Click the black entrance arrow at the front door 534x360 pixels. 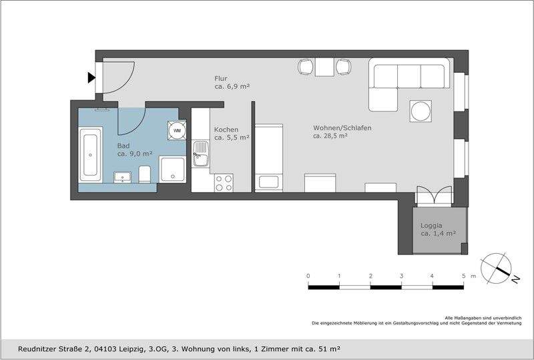(x=91, y=78)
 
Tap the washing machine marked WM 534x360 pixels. (x=177, y=130)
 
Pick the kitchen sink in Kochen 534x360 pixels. (x=200, y=154)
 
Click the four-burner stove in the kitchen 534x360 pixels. (x=224, y=182)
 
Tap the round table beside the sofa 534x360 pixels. (x=421, y=110)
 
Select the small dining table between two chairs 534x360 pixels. (x=324, y=67)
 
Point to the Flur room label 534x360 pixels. (x=221, y=78)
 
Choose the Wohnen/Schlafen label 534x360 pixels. (x=342, y=128)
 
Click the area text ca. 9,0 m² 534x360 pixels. (x=135, y=154)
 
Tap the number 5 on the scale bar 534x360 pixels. (x=463, y=276)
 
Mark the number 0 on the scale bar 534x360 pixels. (x=308, y=276)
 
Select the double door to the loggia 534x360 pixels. (x=435, y=195)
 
